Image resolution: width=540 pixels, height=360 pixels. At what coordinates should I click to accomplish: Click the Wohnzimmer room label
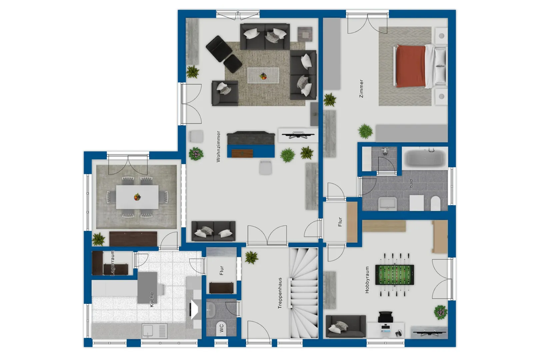(x=218, y=146)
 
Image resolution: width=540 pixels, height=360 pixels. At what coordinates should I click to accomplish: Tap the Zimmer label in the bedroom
(x=361, y=88)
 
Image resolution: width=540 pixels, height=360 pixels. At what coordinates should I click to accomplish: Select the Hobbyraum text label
(x=367, y=280)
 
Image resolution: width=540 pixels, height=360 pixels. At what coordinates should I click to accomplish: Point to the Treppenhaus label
(x=280, y=293)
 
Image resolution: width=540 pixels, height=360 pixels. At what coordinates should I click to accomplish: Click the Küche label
(x=152, y=299)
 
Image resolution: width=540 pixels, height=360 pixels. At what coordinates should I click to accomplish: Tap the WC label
(x=222, y=328)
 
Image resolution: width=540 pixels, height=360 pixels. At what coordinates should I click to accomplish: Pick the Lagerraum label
(x=112, y=263)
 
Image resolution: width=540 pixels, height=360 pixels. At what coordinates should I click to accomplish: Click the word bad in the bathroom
(x=411, y=183)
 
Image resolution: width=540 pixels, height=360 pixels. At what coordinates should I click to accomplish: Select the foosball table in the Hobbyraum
(x=395, y=275)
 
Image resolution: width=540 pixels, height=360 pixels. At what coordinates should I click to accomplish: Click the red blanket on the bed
(x=411, y=66)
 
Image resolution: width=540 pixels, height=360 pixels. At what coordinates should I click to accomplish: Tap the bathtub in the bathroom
(x=425, y=158)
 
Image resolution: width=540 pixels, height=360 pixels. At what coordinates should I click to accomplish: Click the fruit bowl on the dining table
(x=137, y=197)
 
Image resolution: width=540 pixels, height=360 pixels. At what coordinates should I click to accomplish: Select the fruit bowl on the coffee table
(x=263, y=76)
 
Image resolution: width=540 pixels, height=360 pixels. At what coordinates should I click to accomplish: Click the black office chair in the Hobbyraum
(x=385, y=317)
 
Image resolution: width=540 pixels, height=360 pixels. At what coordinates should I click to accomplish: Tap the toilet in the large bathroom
(x=435, y=203)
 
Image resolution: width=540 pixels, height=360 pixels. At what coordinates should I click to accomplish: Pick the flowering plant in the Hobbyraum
(x=441, y=312)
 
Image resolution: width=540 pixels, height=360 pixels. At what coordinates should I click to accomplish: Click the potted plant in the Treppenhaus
(x=251, y=257)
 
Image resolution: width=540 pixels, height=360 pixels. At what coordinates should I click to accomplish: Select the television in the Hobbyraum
(x=429, y=333)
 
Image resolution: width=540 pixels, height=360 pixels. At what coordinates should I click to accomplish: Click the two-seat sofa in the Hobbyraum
(x=346, y=326)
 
